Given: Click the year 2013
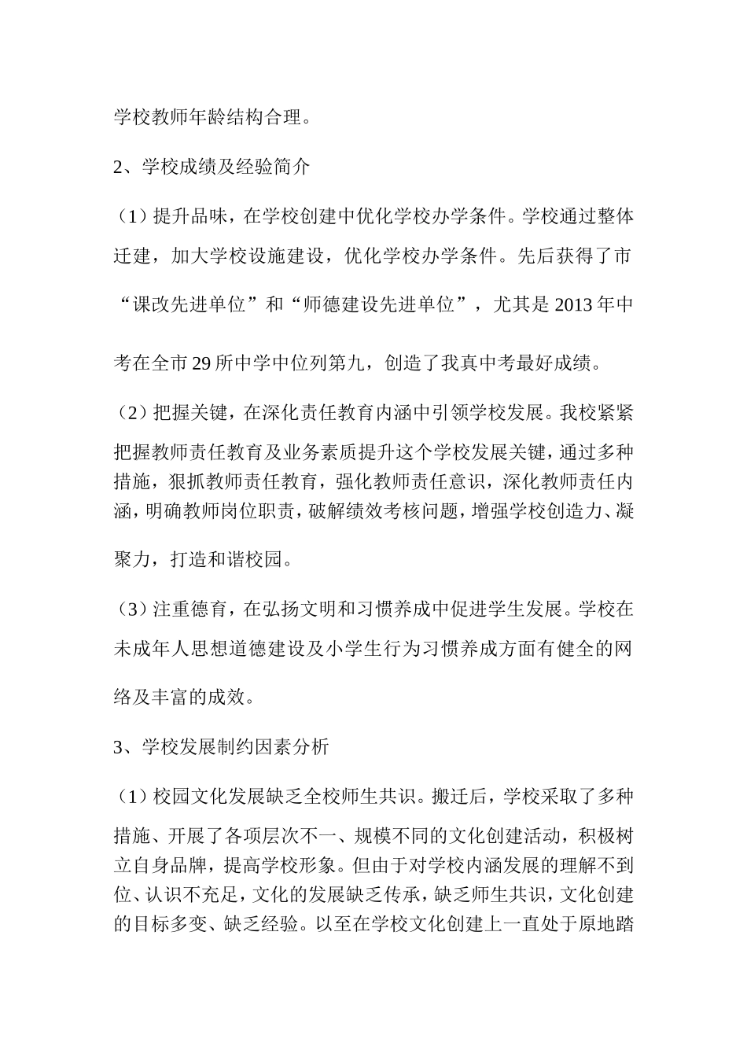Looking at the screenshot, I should pos(578,304).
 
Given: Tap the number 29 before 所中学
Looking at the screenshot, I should pos(204,363).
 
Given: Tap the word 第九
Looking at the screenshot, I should pos(347,363).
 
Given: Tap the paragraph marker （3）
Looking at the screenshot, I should pos(132,608).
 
